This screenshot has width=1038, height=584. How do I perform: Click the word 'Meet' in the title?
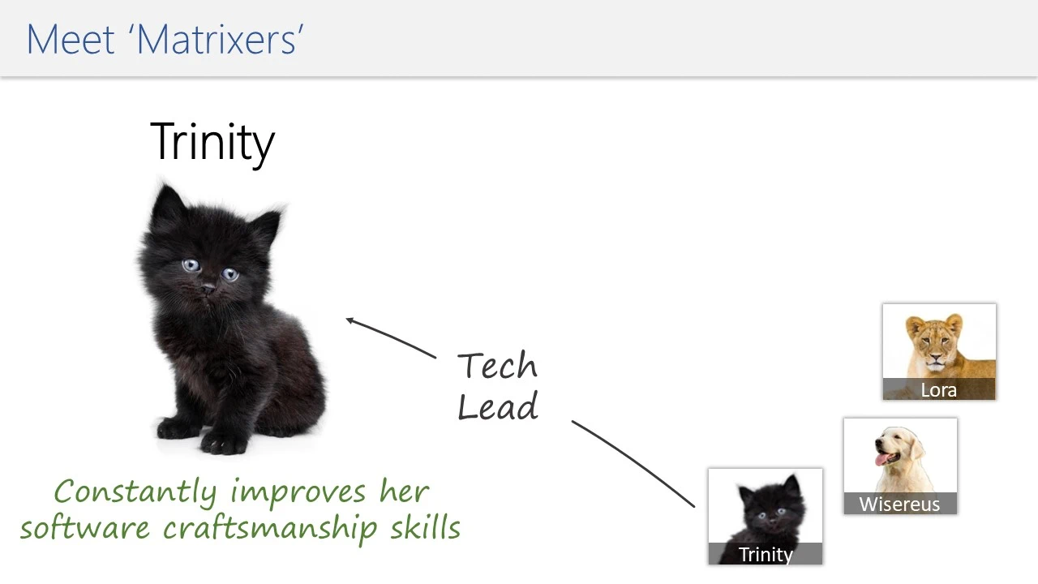(x=71, y=40)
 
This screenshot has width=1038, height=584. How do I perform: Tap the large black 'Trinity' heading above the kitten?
(x=212, y=142)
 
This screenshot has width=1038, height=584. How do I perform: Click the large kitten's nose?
(x=208, y=289)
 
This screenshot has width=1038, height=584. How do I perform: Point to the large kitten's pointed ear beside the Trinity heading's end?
(x=267, y=227)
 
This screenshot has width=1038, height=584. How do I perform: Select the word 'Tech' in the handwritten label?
(x=497, y=365)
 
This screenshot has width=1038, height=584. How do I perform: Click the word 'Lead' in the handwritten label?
(x=498, y=406)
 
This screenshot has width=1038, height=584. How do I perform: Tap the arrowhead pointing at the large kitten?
(x=350, y=320)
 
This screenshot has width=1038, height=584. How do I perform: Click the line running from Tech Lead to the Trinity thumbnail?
(x=633, y=463)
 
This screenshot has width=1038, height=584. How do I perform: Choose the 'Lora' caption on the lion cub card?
(x=938, y=390)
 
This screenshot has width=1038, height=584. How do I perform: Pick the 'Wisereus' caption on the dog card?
(x=899, y=505)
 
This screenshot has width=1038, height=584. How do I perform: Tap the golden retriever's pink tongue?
(x=881, y=460)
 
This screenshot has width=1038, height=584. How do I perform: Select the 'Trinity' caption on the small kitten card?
(x=766, y=554)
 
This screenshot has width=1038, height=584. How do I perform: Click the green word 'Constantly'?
(x=135, y=493)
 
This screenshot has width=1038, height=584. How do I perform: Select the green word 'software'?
(x=85, y=527)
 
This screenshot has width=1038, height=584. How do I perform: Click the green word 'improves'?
(x=298, y=493)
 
